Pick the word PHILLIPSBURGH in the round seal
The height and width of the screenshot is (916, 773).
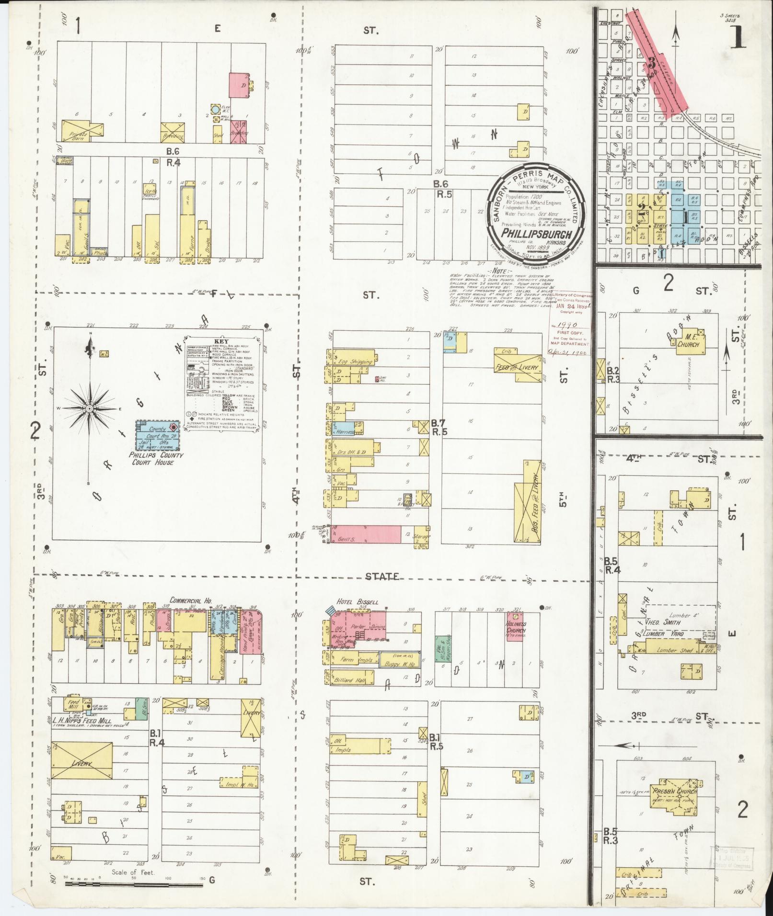coord(535,234)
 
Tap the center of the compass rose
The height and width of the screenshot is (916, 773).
coord(89,408)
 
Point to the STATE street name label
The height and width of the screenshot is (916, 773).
coord(382,577)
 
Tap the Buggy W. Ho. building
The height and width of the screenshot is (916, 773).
coord(400,660)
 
